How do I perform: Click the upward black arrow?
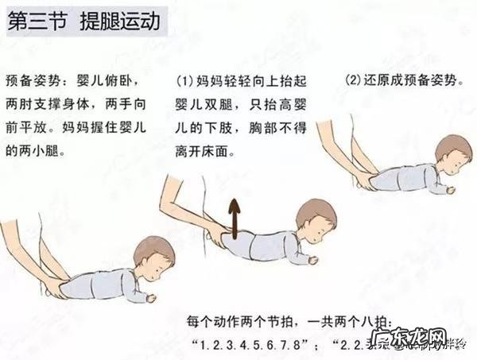[x=235, y=217]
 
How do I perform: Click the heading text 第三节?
[x=37, y=21]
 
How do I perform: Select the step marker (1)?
[x=185, y=82]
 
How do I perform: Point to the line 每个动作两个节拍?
[x=238, y=322]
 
